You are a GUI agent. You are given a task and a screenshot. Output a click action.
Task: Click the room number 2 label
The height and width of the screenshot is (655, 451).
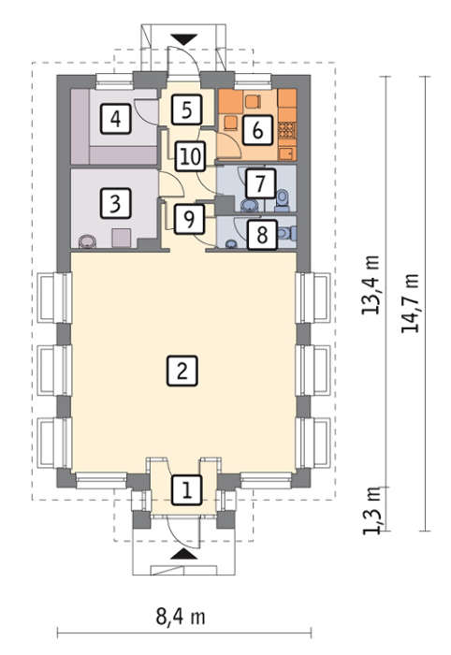(182, 371)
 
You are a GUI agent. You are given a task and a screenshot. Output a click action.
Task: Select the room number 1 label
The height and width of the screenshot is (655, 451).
(186, 489)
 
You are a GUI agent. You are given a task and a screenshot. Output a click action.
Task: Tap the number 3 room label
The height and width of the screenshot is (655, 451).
(115, 203)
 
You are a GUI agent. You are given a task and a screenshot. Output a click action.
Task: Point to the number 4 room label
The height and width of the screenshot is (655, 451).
(115, 119)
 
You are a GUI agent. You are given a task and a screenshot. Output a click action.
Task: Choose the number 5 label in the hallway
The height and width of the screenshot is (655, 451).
(186, 109)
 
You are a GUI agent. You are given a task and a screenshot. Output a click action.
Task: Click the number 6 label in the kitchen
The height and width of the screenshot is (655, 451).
(257, 130)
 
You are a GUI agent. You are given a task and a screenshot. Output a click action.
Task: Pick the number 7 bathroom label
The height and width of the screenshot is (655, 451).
(260, 183)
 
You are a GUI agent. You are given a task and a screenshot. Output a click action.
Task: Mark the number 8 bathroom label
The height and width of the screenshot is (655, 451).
(262, 235)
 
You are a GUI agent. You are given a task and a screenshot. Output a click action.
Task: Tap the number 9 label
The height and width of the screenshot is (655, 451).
(190, 218)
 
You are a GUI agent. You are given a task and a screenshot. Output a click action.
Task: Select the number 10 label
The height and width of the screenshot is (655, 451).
(191, 156)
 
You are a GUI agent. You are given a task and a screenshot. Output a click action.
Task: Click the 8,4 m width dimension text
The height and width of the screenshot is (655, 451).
(181, 618)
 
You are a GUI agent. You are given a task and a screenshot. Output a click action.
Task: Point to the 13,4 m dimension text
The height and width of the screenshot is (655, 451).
(371, 284)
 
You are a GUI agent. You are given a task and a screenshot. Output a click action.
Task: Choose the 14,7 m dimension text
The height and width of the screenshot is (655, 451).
(410, 303)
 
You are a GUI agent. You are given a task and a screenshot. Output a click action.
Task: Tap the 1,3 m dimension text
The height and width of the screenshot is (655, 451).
(371, 511)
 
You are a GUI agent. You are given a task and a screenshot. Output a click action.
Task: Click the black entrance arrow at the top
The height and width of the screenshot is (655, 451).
(183, 39)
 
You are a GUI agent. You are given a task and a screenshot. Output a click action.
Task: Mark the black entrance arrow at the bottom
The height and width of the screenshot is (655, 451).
(183, 554)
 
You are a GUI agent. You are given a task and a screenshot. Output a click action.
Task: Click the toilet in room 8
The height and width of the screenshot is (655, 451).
(287, 233)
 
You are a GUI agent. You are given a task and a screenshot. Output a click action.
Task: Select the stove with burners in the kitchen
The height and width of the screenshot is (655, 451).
(287, 130)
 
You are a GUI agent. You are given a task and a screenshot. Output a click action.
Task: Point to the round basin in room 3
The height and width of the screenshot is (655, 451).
(87, 241)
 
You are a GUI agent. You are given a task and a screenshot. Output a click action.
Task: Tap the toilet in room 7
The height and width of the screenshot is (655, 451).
(283, 199)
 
